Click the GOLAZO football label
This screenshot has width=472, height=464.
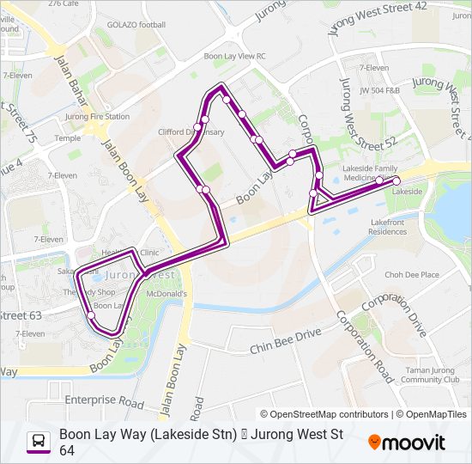coord(136,25)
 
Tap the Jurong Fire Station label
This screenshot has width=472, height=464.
coord(97,116)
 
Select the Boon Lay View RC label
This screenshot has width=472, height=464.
coord(234,56)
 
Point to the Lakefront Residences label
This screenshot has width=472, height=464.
coord(387,227)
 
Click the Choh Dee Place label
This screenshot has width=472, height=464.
coord(411,275)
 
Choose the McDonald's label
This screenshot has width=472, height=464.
coord(166,294)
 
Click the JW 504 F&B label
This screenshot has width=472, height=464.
coord(382,89)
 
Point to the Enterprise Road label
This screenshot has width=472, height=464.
coord(103,400)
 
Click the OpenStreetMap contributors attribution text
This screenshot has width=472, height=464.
coord(324,414)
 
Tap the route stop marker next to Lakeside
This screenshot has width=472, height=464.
coord(396,180)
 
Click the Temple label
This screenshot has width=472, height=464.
coord(67,137)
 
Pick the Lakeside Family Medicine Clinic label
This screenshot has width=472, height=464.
coord(370,173)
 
